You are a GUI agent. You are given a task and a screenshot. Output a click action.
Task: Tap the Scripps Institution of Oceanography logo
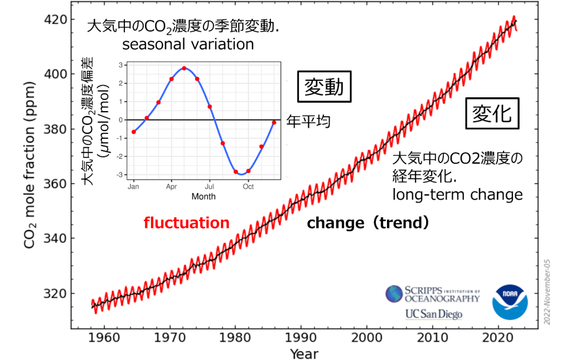[x=432, y=294]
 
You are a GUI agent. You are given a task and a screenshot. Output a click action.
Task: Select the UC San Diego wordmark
[x=433, y=314]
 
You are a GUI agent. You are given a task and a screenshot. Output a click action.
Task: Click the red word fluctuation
[x=186, y=223]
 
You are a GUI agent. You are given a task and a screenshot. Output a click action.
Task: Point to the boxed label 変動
[x=324, y=86]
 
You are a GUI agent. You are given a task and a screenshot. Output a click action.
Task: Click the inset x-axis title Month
[x=203, y=196]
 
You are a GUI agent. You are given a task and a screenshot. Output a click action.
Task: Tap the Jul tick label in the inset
[x=209, y=187]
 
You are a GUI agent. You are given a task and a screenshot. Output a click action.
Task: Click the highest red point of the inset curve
[x=184, y=69]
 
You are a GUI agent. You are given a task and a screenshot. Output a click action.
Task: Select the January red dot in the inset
[x=134, y=132]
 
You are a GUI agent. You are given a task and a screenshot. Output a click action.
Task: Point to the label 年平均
[x=308, y=121]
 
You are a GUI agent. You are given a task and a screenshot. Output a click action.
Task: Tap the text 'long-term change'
[x=457, y=195]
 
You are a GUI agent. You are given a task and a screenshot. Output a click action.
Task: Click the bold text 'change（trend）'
[x=368, y=223]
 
